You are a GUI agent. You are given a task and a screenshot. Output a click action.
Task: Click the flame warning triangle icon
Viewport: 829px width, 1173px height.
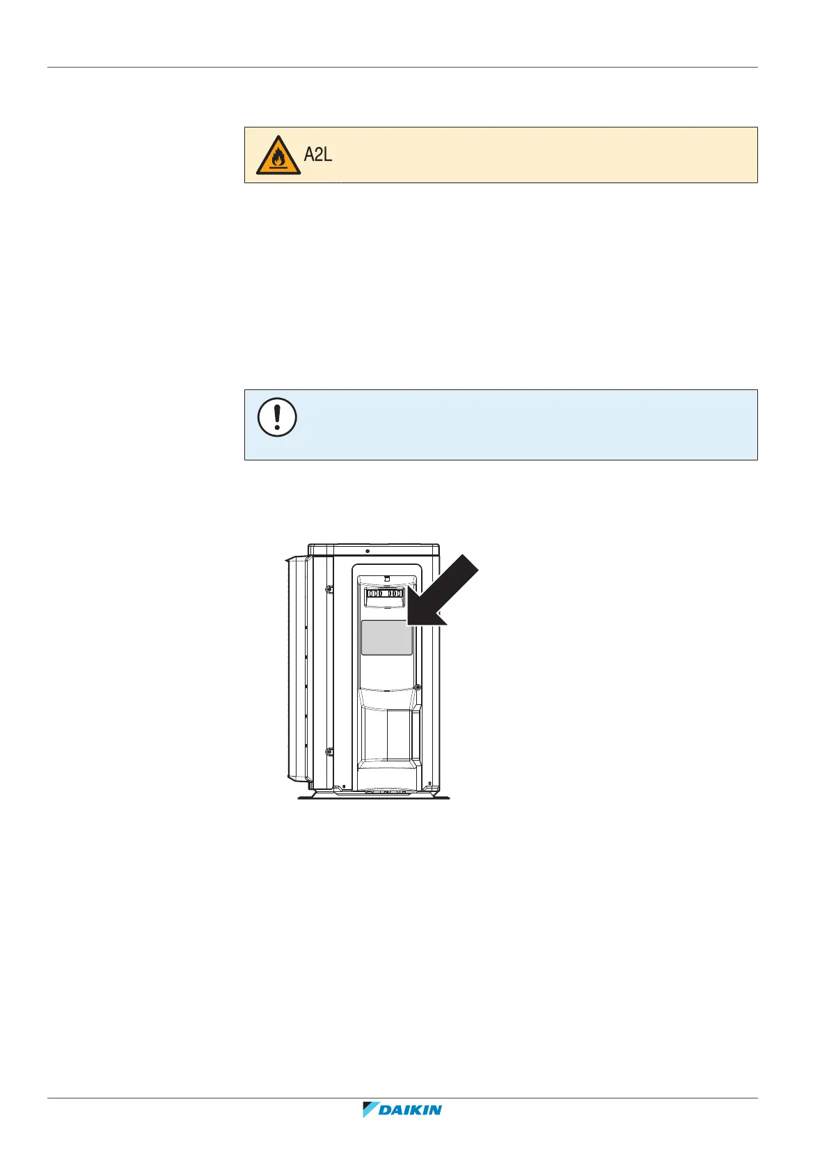[278, 156]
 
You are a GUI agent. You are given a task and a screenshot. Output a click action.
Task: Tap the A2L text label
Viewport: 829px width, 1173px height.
[318, 155]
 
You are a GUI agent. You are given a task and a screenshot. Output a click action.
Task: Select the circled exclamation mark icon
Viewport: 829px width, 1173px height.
[277, 418]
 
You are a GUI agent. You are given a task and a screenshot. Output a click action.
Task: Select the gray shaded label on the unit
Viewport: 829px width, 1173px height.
[386, 637]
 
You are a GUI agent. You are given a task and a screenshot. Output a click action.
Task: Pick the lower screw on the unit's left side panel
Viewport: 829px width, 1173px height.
[329, 752]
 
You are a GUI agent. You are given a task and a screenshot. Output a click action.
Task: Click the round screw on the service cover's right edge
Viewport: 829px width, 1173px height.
[417, 688]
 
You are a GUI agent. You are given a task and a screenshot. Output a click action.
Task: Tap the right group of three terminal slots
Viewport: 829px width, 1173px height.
[395, 593]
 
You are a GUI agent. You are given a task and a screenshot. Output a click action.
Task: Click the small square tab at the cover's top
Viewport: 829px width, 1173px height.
[386, 578]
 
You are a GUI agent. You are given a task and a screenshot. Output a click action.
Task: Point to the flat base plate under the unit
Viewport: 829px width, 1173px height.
[374, 797]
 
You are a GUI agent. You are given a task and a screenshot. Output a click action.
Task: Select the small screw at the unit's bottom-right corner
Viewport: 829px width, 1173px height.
[430, 783]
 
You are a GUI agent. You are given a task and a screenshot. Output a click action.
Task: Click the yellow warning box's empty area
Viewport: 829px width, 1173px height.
[543, 155]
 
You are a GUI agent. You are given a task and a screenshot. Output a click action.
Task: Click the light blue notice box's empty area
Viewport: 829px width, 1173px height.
[522, 425]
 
